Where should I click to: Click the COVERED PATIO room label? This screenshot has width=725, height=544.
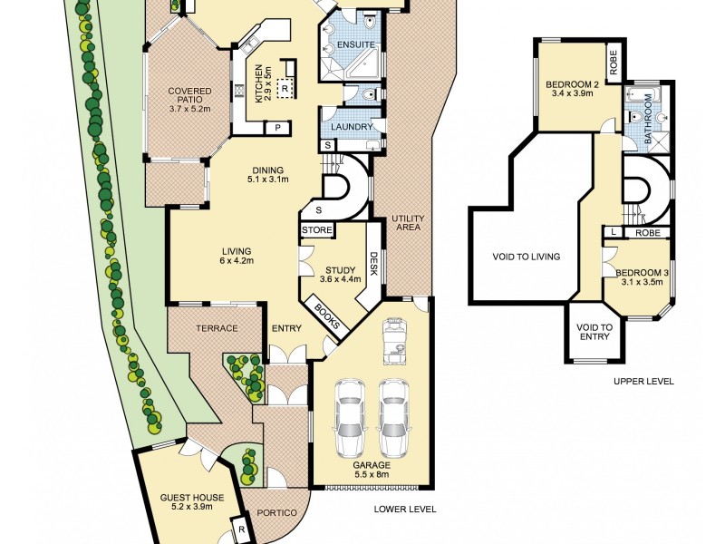[x=189, y=100]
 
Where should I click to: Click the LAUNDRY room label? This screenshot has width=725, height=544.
[x=352, y=126]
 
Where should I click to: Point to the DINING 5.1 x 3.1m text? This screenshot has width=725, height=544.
[x=268, y=174]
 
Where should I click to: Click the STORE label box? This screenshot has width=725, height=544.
[x=317, y=230]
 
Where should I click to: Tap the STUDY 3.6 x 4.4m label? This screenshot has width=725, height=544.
[x=340, y=274]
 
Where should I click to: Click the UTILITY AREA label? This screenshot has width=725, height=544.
[x=408, y=224]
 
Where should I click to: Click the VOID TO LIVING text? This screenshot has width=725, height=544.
[x=527, y=257]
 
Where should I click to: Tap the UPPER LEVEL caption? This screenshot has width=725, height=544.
[x=643, y=382]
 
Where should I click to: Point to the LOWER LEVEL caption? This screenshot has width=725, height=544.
[x=405, y=510]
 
